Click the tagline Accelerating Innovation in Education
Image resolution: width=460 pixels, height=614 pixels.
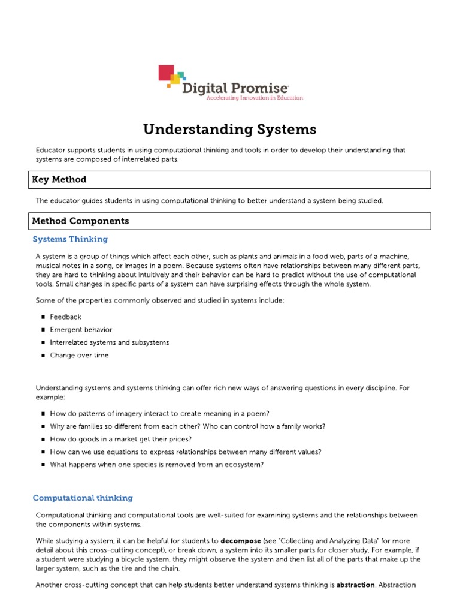[254, 98]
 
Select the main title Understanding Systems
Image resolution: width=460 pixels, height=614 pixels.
[229, 130]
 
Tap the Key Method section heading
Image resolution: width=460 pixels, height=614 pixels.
[59, 179]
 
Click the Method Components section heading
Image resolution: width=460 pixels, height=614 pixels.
[80, 221]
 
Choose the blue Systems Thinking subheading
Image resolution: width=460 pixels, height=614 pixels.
[70, 239]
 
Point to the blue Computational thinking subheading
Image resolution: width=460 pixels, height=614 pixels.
[83, 498]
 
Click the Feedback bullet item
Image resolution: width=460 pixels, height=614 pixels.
[65, 317]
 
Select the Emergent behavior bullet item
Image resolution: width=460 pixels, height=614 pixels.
[81, 330]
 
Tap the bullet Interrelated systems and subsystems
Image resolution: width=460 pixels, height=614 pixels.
[109, 342]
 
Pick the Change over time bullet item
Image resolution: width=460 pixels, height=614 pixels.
[79, 355]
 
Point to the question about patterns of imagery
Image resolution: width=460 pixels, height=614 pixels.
[159, 413]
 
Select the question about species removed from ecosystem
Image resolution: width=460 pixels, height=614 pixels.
[156, 465]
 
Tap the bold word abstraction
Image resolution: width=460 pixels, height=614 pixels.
[358, 585]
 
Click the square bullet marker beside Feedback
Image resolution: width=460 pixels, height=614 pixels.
[44, 317]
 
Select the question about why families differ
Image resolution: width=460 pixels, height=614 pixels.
[187, 426]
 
